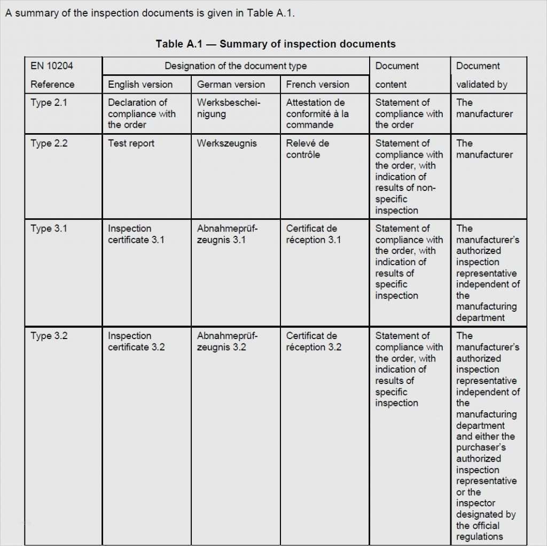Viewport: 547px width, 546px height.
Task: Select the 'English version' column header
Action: coord(140,84)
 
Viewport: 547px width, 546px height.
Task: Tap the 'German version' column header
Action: coord(231,84)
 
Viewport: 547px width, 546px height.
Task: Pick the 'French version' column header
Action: coord(317,84)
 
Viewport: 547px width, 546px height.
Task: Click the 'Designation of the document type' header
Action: coord(236,66)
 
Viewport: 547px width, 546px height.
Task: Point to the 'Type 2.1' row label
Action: coord(49,103)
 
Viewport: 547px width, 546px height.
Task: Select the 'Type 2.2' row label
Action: coord(49,143)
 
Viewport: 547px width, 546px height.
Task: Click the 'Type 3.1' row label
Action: coord(49,229)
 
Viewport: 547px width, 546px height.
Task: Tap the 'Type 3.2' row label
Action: coord(49,336)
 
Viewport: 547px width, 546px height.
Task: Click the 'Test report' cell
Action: coord(131,143)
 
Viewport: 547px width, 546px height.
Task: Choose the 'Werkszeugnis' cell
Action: coord(226,143)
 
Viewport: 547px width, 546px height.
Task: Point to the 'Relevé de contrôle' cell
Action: coord(308,149)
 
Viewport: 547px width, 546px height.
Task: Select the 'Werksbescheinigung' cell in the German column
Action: coord(228,108)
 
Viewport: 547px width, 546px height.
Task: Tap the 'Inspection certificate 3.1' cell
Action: coord(136,234)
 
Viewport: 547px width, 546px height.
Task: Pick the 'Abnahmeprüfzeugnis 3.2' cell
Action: coord(227,342)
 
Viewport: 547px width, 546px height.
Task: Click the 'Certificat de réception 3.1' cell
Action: coord(313,234)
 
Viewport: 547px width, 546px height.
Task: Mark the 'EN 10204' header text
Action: coord(52,66)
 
